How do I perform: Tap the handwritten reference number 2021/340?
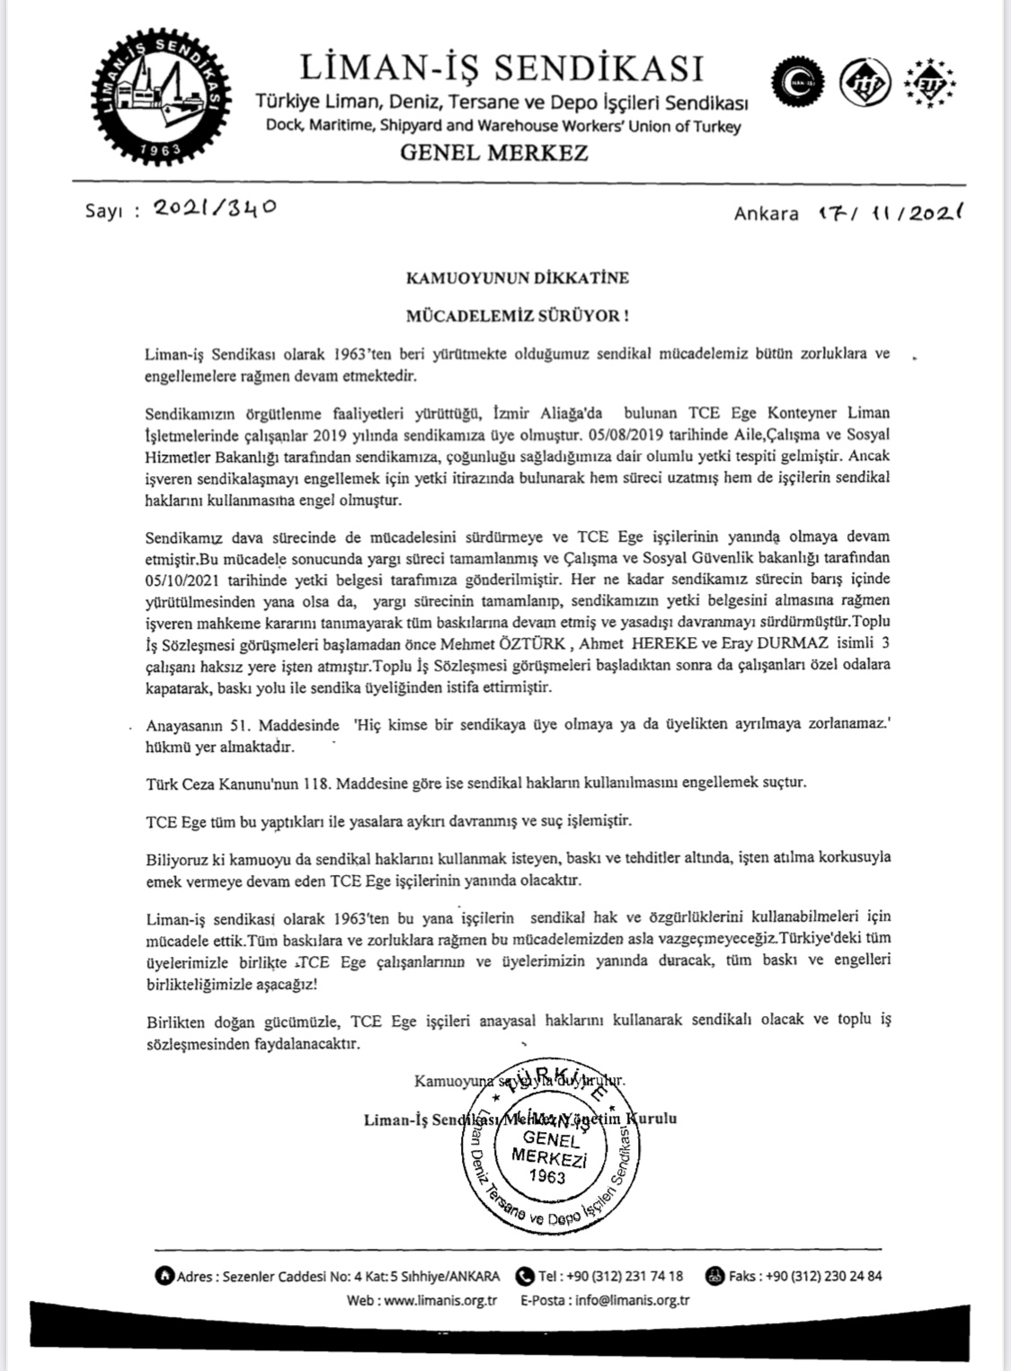[214, 208]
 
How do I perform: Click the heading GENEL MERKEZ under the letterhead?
[493, 153]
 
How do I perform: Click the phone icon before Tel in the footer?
[525, 1276]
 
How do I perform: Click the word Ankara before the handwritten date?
[766, 213]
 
